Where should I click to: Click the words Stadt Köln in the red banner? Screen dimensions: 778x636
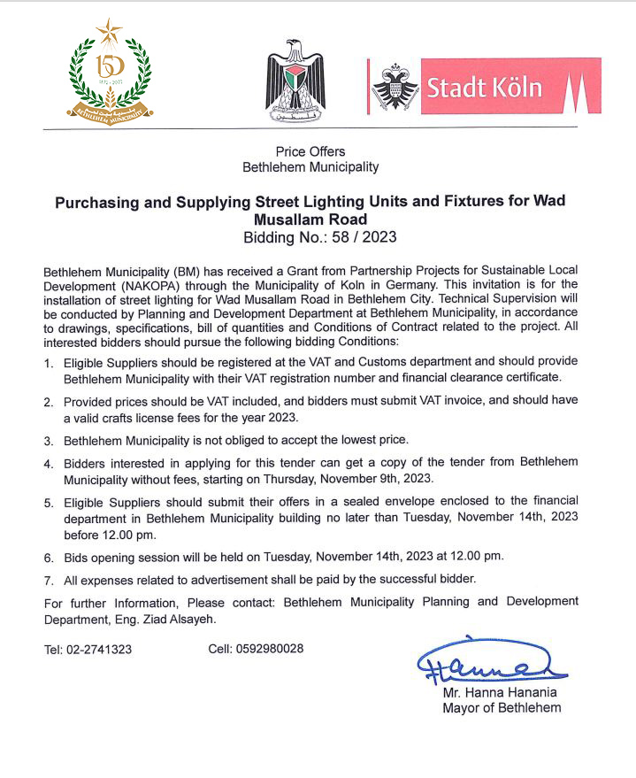click(483, 88)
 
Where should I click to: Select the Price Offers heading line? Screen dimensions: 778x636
click(310, 151)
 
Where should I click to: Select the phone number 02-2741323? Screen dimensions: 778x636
click(101, 649)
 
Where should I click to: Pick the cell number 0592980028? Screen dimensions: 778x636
click(269, 648)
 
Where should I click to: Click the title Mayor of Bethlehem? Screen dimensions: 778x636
click(502, 707)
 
